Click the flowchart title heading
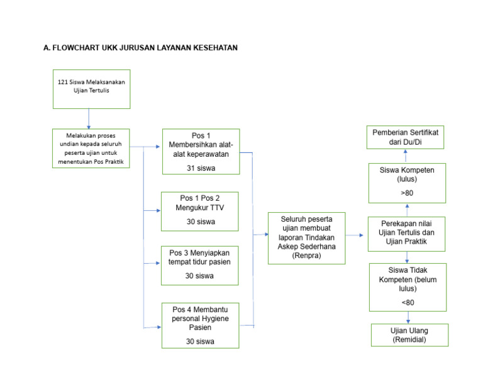pyautogui.click(x=140, y=47)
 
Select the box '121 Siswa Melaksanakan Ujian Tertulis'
pyautogui.click(x=91, y=89)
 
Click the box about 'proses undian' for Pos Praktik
pyautogui.click(x=91, y=149)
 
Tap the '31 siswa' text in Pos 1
pyautogui.click(x=200, y=168)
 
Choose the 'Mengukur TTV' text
pyautogui.click(x=200, y=207)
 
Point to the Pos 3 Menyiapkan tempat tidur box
pyautogui.click(x=199, y=264)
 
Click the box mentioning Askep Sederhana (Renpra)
pyautogui.click(x=307, y=237)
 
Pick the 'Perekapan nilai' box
pyautogui.click(x=406, y=234)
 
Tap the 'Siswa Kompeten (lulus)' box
pyautogui.click(x=406, y=183)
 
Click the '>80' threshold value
pyautogui.click(x=407, y=193)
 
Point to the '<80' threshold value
pyautogui.click(x=408, y=302)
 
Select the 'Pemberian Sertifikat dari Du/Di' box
pyautogui.click(x=406, y=137)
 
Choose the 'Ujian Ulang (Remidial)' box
pyautogui.click(x=409, y=335)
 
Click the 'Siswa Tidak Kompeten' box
pyautogui.click(x=408, y=286)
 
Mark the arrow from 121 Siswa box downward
pyautogui.click(x=89, y=118)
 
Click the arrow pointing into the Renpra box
pyautogui.click(x=260, y=234)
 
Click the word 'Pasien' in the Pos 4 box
pyautogui.click(x=199, y=328)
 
